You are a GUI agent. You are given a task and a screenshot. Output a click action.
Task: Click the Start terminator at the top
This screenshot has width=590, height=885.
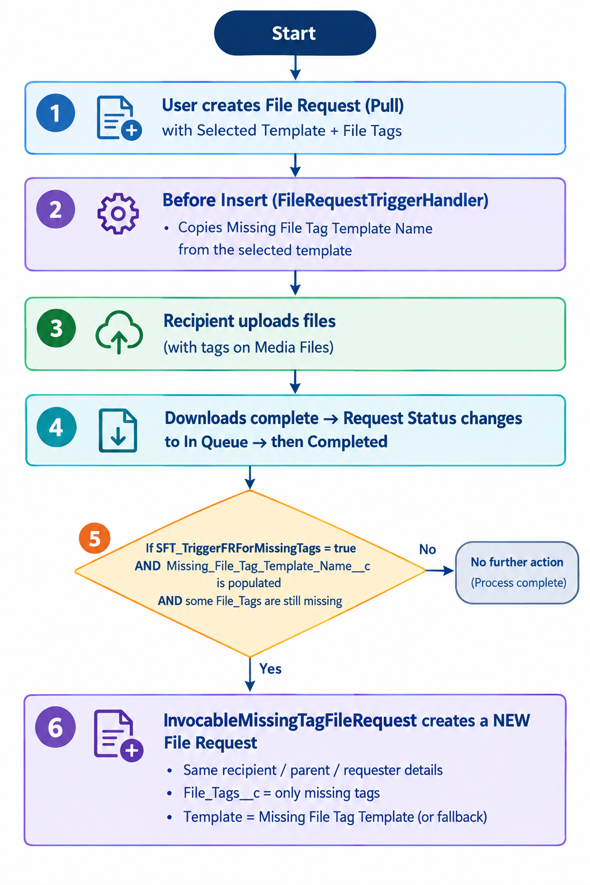point(295,33)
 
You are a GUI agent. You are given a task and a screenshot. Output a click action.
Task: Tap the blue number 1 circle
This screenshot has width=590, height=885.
point(56,113)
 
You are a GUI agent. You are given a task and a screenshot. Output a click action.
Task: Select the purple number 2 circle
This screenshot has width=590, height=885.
point(56,209)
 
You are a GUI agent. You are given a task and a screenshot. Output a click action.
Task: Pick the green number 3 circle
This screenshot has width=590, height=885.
point(56,328)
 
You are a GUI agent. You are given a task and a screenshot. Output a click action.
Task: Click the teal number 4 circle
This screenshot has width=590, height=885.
point(56,427)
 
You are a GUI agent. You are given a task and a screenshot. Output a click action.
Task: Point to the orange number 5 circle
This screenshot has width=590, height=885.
point(94,538)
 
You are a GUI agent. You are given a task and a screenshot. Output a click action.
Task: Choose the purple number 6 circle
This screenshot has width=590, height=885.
point(55,727)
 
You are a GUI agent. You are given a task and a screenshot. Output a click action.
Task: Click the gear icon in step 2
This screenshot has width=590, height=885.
point(118,214)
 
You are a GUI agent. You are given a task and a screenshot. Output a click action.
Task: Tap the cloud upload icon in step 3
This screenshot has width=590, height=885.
point(119,332)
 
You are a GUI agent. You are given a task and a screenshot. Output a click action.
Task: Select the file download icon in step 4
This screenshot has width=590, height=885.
point(118,430)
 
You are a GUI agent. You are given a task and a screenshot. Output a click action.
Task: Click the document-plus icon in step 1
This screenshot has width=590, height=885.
point(119,118)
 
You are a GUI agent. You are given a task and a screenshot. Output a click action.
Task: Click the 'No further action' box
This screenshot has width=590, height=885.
point(517,573)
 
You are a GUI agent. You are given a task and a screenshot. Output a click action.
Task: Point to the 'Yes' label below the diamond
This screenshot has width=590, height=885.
point(270,669)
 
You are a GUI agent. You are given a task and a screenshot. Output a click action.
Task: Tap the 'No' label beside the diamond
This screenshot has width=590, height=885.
point(427,549)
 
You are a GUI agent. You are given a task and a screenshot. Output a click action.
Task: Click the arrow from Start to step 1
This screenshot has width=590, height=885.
point(295,67)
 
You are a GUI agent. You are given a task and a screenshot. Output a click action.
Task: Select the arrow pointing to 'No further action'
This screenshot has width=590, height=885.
point(440,570)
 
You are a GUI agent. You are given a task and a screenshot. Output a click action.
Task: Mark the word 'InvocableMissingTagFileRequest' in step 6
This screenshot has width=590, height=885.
point(290,721)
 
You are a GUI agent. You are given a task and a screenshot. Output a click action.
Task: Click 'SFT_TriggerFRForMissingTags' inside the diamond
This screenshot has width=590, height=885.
point(239,548)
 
